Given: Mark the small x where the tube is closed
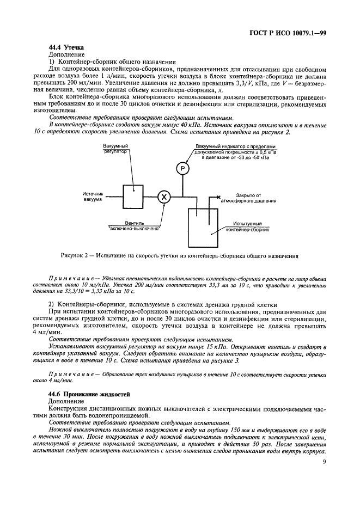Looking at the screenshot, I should [218, 197].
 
